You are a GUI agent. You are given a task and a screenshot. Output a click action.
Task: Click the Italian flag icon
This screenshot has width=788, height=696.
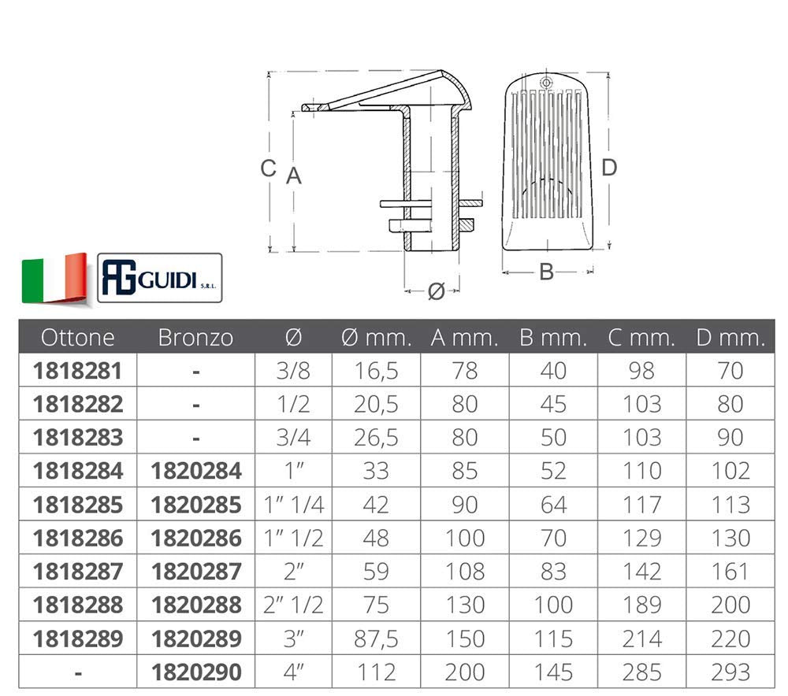pyautogui.click(x=54, y=278)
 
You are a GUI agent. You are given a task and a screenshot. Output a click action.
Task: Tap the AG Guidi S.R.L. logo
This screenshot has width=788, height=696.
pyautogui.click(x=160, y=279)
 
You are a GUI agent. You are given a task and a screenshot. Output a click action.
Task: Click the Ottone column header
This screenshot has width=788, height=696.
pyautogui.click(x=77, y=338)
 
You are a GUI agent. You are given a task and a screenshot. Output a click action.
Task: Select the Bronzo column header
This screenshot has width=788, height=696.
pyautogui.click(x=195, y=338)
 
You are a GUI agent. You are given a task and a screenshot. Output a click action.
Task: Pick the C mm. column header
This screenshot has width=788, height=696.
pyautogui.click(x=641, y=338)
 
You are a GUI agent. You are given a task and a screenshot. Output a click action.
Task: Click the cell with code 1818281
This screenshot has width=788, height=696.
pyautogui.click(x=77, y=371)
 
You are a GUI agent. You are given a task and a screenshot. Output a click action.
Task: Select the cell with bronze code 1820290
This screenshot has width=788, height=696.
pyautogui.click(x=195, y=672)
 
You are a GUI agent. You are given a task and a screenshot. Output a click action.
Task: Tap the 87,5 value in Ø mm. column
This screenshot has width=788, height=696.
pyautogui.click(x=376, y=638)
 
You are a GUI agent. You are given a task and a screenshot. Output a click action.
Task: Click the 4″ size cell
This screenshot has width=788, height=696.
pyautogui.click(x=292, y=672)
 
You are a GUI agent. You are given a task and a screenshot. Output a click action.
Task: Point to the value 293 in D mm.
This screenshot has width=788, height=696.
pyautogui.click(x=730, y=672)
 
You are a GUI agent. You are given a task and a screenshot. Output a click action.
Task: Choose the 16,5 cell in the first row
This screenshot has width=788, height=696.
pyautogui.click(x=376, y=371)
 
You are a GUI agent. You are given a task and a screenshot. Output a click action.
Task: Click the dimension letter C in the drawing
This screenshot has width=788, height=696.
pyautogui.click(x=269, y=168)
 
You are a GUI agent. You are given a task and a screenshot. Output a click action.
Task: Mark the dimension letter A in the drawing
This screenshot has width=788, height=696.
pyautogui.click(x=293, y=176)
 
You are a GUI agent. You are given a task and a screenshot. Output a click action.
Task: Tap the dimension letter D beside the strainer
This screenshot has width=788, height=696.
pyautogui.click(x=609, y=167)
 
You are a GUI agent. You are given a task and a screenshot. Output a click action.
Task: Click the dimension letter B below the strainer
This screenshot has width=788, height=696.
pyautogui.click(x=546, y=272)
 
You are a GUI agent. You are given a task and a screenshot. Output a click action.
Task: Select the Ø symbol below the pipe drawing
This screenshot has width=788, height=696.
pyautogui.click(x=436, y=291)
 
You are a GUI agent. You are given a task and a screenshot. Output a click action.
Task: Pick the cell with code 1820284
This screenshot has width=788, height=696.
pyautogui.click(x=195, y=471)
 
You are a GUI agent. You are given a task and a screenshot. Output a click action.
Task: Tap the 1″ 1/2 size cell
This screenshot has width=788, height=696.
pyautogui.click(x=292, y=538)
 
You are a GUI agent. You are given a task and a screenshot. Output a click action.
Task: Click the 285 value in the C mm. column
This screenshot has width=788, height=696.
pyautogui.click(x=641, y=672)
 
